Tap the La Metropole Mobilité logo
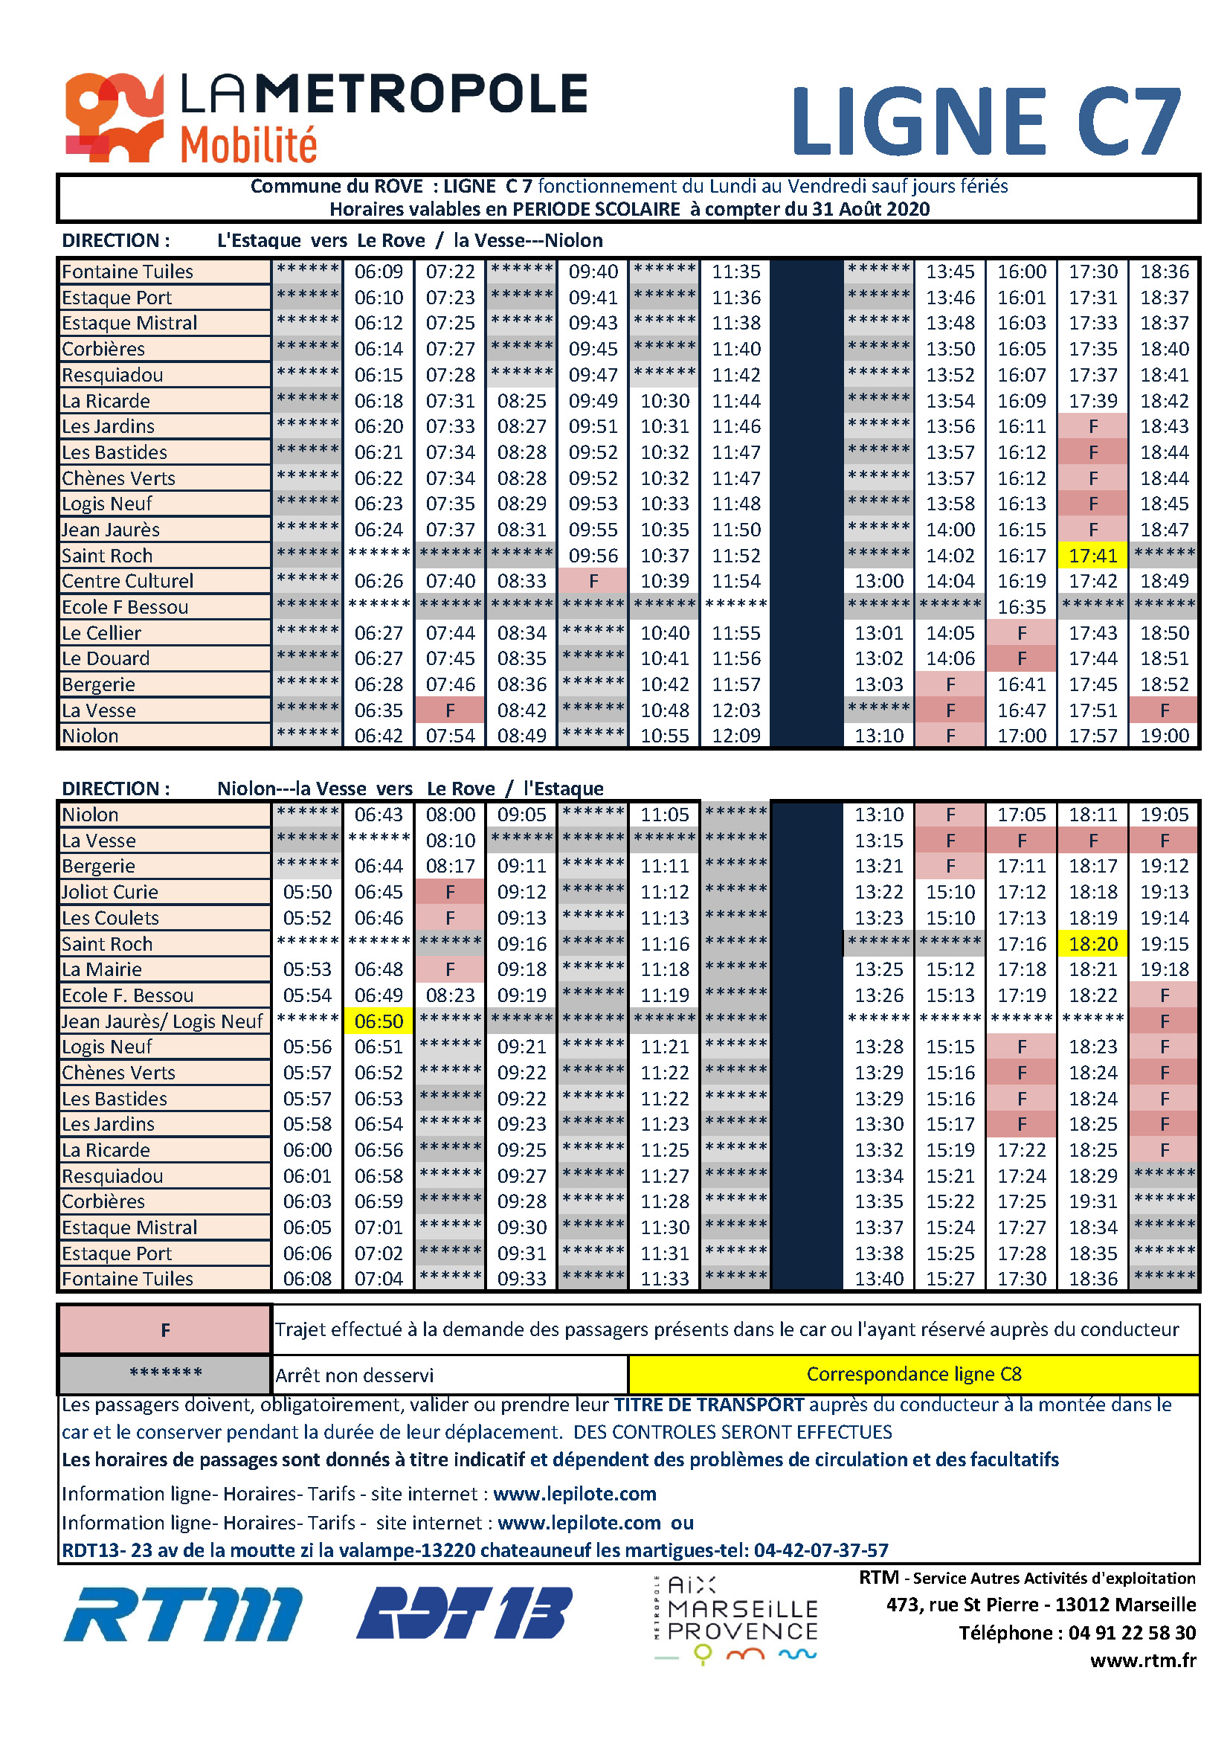pos(326,118)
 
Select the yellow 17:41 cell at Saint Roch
pos(1093,556)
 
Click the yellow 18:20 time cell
pos(1093,943)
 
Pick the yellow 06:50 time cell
pos(379,1021)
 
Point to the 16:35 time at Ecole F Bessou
pos(1021,607)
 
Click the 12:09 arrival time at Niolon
pos(735,735)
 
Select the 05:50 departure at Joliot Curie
pos(306,892)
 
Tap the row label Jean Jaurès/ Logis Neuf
pos(162,1021)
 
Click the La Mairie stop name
pos(101,969)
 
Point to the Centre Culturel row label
pos(127,581)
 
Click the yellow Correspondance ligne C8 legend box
pos(913,1374)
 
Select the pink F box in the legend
pos(165,1330)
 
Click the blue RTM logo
pos(182,1614)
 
